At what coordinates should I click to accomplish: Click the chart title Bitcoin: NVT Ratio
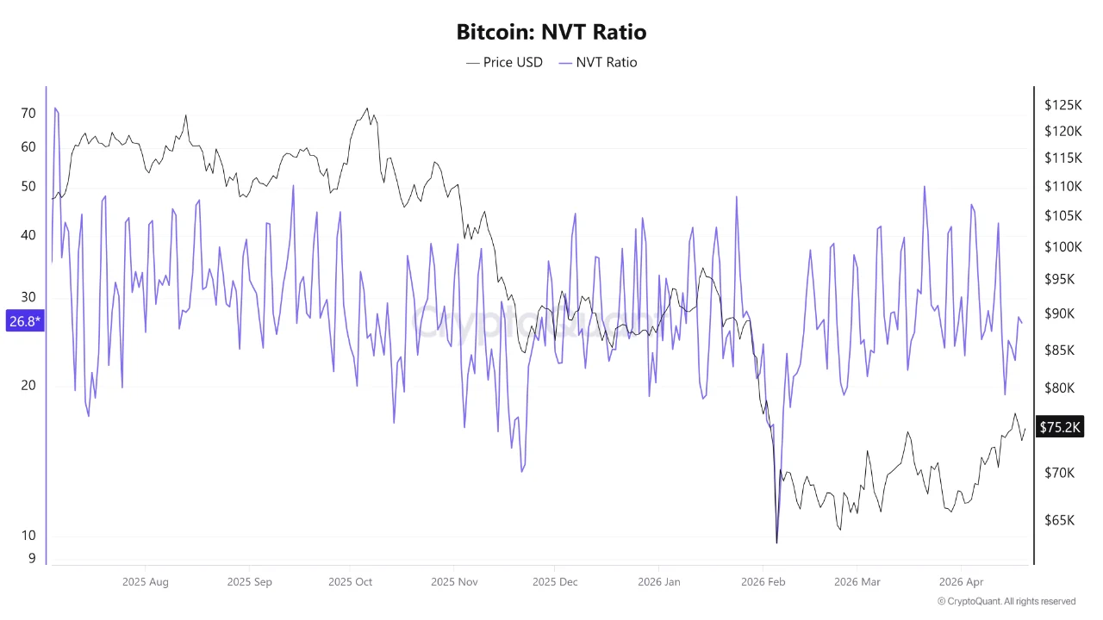point(551,33)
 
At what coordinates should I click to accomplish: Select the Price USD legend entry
point(504,62)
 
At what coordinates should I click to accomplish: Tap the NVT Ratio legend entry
point(598,62)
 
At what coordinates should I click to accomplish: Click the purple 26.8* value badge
point(24,321)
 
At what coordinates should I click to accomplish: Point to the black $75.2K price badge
point(1059,427)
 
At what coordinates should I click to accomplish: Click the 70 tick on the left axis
point(28,114)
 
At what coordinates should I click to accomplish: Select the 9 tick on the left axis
point(32,558)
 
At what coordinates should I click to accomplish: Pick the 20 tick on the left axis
point(28,385)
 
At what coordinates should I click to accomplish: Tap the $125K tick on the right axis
point(1062,105)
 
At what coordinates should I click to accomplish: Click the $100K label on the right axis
point(1062,247)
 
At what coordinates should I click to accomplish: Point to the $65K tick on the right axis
point(1059,520)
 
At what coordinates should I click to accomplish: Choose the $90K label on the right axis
point(1059,313)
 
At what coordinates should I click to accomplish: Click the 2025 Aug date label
point(146,582)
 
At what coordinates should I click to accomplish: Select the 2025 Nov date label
point(454,582)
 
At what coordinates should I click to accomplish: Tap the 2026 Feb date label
point(763,582)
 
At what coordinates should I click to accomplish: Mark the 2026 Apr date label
point(961,582)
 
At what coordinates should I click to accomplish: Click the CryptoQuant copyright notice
point(1006,601)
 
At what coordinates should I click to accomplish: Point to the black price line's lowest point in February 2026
point(776,542)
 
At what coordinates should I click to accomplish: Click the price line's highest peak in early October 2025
point(367,108)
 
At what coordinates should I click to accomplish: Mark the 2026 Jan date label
point(658,582)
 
